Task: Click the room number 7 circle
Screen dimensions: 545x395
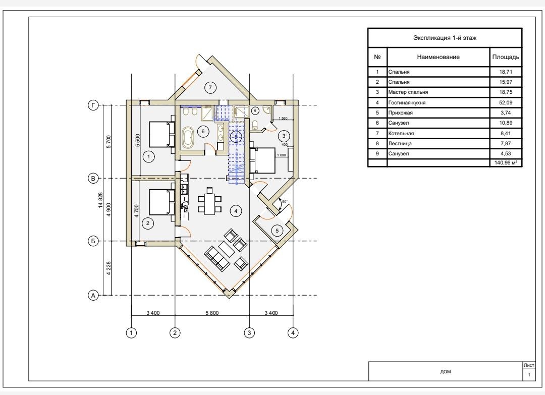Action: [210, 88]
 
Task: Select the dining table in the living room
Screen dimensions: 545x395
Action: [209, 203]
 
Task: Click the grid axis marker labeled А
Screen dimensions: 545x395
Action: [93, 295]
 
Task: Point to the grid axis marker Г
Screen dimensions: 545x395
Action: [93, 105]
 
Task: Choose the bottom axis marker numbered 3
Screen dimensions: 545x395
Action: [249, 333]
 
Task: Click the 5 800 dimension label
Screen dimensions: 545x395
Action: [212, 313]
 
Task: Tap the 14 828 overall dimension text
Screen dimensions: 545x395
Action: [101, 200]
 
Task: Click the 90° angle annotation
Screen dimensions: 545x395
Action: [285, 201]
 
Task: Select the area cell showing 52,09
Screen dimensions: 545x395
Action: [506, 102]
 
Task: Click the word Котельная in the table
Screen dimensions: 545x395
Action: [401, 133]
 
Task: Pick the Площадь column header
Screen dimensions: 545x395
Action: [506, 57]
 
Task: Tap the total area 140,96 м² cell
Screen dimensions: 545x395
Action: [506, 162]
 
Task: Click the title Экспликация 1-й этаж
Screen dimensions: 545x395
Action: [445, 38]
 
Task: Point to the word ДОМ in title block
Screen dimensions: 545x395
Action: [446, 372]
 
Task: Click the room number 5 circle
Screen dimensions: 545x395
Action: [277, 231]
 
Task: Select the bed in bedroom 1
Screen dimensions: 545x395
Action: [161, 134]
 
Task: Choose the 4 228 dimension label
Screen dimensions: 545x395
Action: [109, 268]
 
